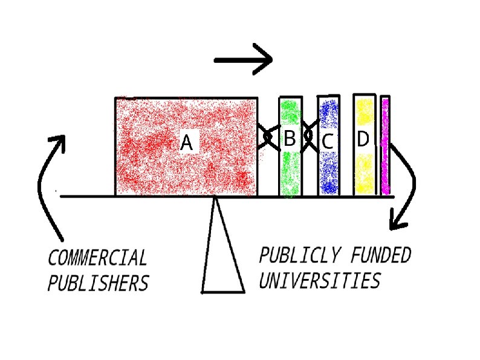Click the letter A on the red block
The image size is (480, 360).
[x=186, y=143]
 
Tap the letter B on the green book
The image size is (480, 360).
[x=290, y=139]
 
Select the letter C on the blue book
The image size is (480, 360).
[x=328, y=142]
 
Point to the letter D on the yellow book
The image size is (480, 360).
[x=363, y=139]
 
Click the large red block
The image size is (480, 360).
[x=151, y=169]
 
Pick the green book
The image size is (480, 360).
[x=290, y=172]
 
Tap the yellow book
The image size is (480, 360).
[x=364, y=169]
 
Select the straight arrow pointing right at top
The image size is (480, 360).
[x=244, y=59]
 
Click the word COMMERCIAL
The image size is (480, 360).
[x=97, y=258]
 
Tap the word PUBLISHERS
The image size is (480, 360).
[x=98, y=283]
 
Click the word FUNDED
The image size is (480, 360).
[x=380, y=256]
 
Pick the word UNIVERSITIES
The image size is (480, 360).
[x=320, y=281]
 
